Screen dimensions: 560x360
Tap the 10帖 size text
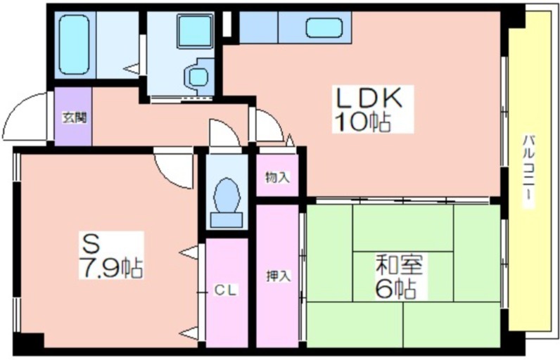362,122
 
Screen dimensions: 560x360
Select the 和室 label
400,265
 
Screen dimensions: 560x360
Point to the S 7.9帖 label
111,255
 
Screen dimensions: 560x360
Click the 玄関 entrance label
75,117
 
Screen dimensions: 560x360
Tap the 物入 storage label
277,177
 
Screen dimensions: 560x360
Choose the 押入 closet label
278,276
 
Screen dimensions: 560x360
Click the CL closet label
226,290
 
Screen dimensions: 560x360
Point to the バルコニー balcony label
529,171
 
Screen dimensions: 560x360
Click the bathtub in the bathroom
74,44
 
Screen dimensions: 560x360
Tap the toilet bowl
226,195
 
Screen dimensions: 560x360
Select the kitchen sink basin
324,27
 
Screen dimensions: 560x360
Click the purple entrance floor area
73,116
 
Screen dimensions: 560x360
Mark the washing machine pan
196,75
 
